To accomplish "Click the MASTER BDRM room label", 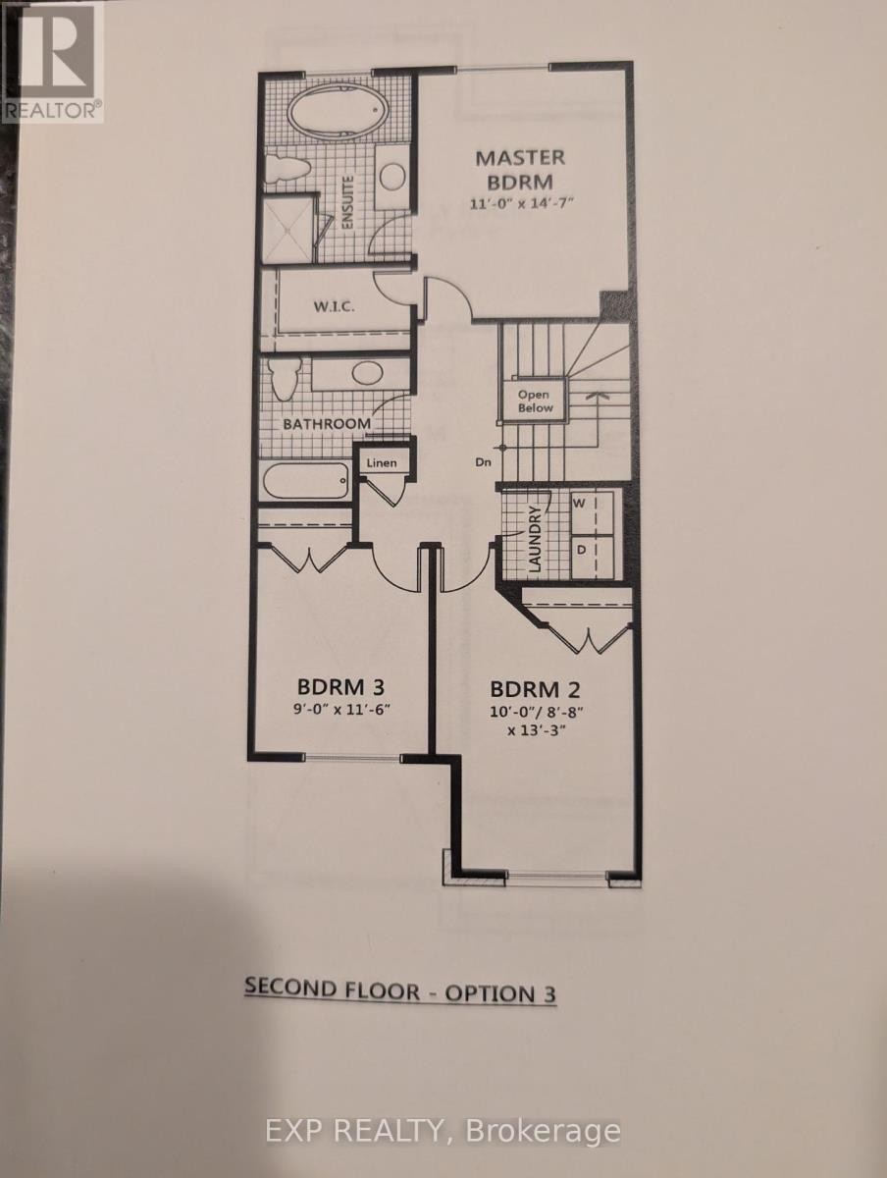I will pos(520,169).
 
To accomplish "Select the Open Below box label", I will pos(535,401).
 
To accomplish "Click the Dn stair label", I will pos(481,460).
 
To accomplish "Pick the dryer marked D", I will pos(580,550).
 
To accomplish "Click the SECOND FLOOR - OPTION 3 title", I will pos(399,991).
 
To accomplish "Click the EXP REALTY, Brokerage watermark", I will pos(443,1131).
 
